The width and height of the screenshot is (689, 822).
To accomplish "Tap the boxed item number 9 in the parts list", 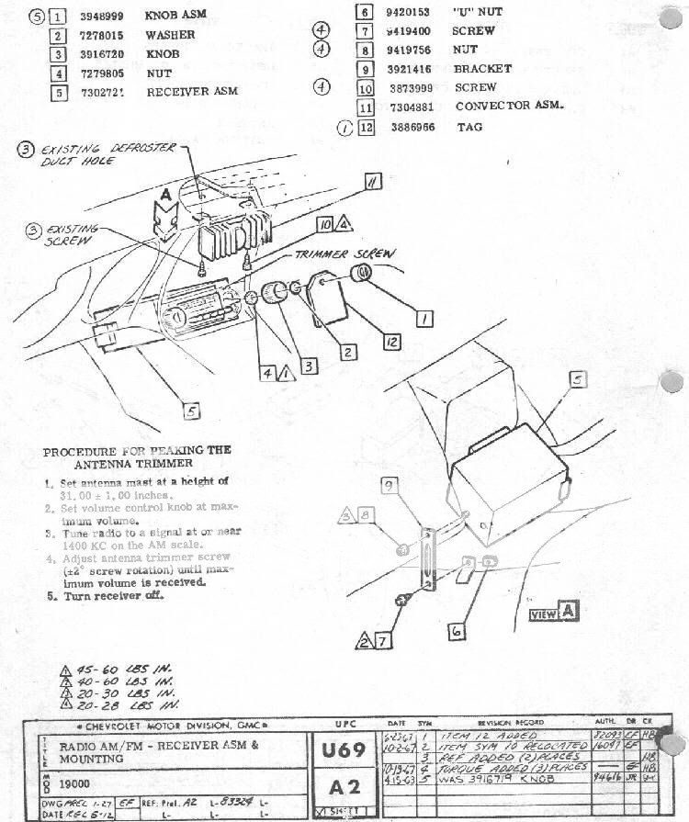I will [x=366, y=69].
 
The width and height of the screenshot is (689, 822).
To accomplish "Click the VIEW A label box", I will [x=555, y=614].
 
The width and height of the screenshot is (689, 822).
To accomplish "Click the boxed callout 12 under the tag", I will [x=392, y=342].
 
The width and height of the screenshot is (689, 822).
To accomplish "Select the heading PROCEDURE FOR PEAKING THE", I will [x=137, y=451].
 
